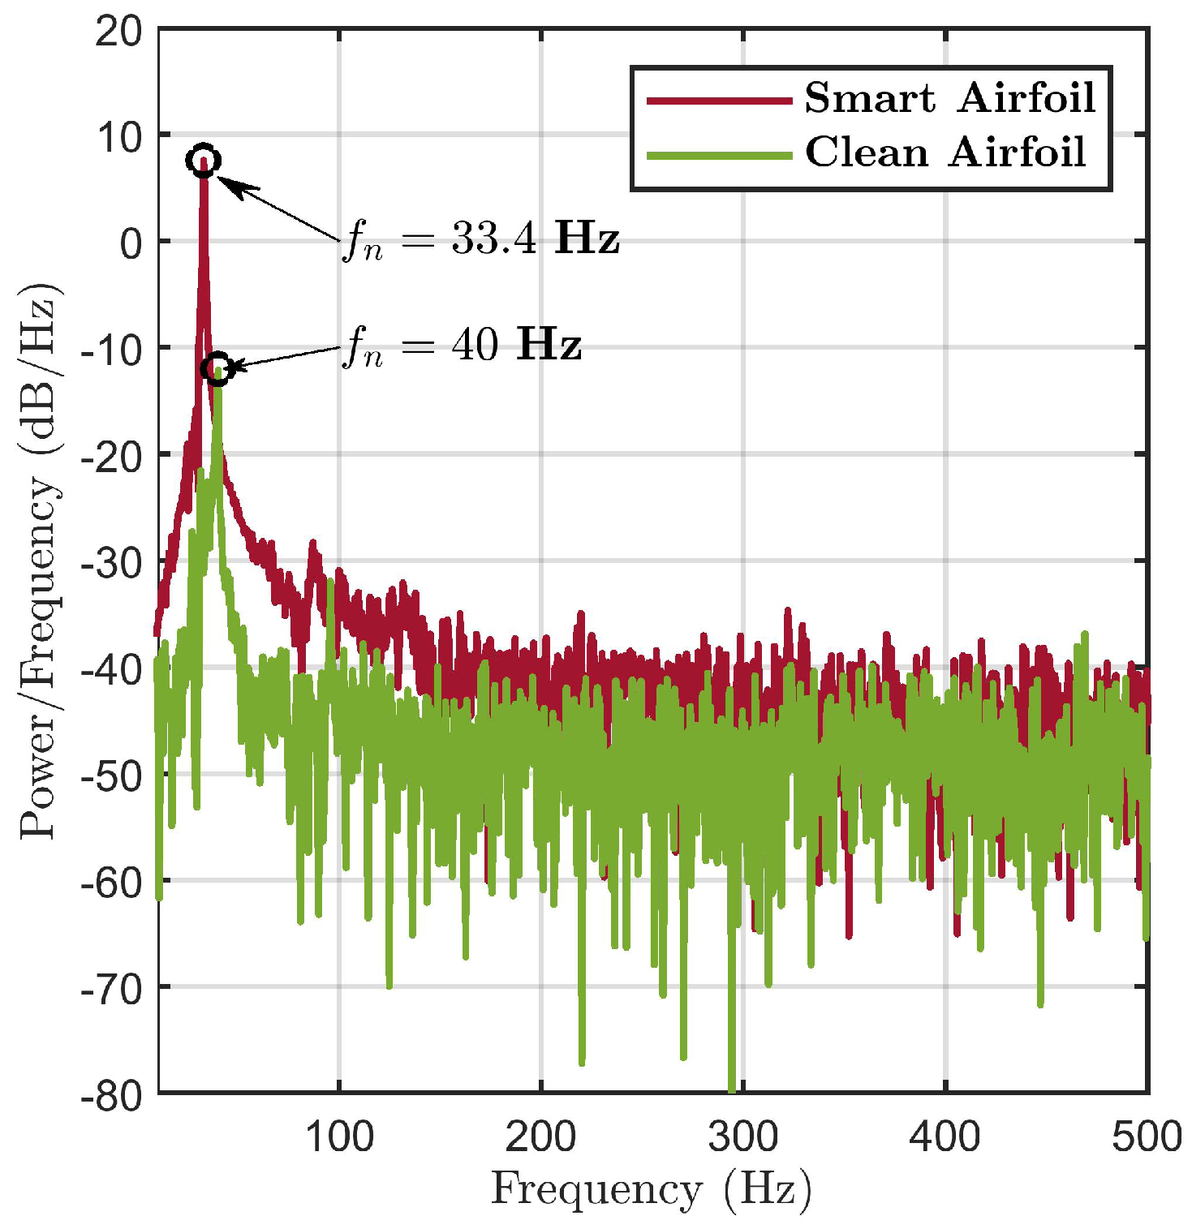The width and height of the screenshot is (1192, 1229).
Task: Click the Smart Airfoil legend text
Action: coord(949,98)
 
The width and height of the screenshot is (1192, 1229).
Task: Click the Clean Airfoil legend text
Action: coord(945,152)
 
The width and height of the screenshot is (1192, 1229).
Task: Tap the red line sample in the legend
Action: coord(719,101)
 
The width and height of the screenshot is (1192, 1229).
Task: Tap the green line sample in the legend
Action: coord(719,155)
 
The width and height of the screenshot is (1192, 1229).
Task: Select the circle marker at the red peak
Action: coord(203,161)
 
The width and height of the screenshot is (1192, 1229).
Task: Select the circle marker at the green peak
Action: coord(217,369)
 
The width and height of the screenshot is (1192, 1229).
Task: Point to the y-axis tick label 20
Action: coord(118,32)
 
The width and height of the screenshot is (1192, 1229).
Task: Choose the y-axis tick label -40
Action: coord(111,669)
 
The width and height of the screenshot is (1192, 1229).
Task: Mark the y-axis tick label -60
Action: coord(111,882)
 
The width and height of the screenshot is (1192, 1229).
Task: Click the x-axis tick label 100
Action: coord(338,1137)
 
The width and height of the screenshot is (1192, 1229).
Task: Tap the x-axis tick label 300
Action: coord(742,1137)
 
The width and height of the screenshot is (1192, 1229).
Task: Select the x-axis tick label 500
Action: coord(1146,1137)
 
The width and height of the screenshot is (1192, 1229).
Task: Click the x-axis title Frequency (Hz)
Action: coord(651,1190)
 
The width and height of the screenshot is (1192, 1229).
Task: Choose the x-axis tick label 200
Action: coord(540,1137)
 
